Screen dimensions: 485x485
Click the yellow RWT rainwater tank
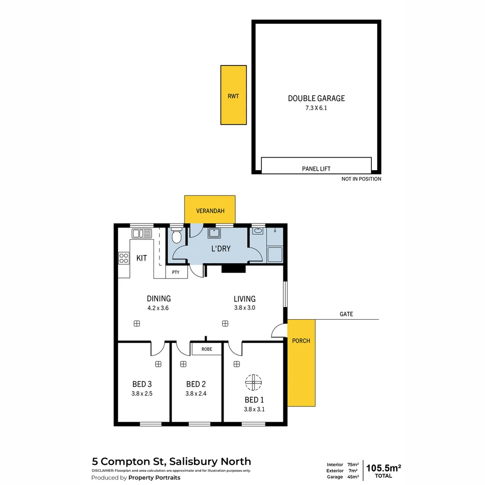(x=234, y=95)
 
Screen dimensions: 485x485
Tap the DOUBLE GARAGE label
(x=316, y=98)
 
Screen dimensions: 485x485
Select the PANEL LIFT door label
(x=316, y=169)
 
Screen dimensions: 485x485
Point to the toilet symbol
(x=177, y=236)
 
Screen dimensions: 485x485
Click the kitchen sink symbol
(x=142, y=234)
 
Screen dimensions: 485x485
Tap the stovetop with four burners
(x=123, y=258)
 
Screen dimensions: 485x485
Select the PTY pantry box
(x=176, y=273)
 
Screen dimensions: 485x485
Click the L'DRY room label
(x=220, y=248)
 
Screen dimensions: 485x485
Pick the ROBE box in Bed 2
(x=207, y=349)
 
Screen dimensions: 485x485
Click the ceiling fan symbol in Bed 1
(x=253, y=382)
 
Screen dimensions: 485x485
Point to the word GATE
(x=346, y=314)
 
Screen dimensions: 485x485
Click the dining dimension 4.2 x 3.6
(x=159, y=308)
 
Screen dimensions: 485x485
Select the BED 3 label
(x=142, y=384)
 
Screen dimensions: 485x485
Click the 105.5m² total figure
(x=384, y=468)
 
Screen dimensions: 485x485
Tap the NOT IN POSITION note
(x=361, y=179)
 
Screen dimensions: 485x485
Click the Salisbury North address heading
(x=172, y=461)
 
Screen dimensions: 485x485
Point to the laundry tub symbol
(x=214, y=233)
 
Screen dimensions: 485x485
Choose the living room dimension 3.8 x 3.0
(x=244, y=308)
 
